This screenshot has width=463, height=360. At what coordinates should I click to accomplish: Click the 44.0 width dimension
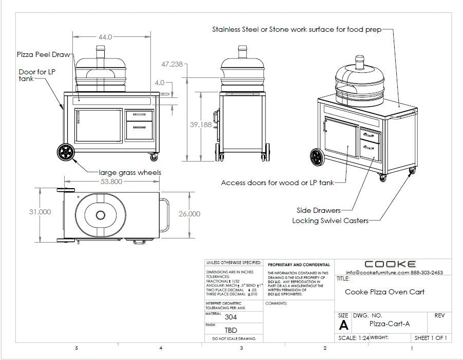105,37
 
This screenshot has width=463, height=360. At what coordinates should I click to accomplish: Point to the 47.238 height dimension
172,65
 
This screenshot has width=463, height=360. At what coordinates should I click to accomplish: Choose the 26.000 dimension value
189,214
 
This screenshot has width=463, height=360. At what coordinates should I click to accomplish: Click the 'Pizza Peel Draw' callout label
44,54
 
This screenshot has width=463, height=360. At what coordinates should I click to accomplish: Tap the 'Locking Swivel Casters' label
330,221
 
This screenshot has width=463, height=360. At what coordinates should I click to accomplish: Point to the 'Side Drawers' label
318,210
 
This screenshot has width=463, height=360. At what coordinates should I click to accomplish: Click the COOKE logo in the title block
390,264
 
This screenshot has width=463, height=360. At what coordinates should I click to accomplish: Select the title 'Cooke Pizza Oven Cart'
384,292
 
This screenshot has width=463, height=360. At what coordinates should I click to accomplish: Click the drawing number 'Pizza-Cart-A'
390,324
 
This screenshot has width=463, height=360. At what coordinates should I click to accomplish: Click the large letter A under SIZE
344,325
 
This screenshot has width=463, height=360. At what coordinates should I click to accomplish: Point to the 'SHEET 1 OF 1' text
430,338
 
